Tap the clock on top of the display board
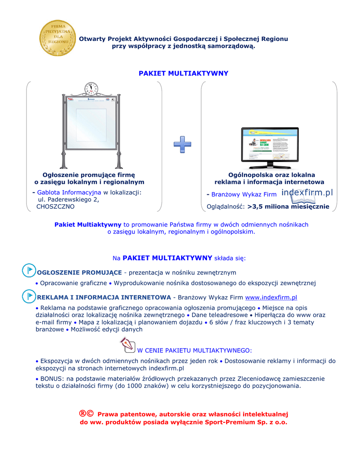(x=91, y=88)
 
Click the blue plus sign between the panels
(x=182, y=144)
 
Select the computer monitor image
(x=269, y=147)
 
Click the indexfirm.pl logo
(x=307, y=193)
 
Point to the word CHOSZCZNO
(x=55, y=207)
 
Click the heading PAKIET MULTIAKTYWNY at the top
(x=183, y=73)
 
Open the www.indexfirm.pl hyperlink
(x=271, y=298)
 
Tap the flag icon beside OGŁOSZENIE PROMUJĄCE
(x=29, y=270)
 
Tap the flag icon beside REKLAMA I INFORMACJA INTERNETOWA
(x=29, y=296)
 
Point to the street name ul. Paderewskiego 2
(x=68, y=199)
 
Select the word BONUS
(x=51, y=379)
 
